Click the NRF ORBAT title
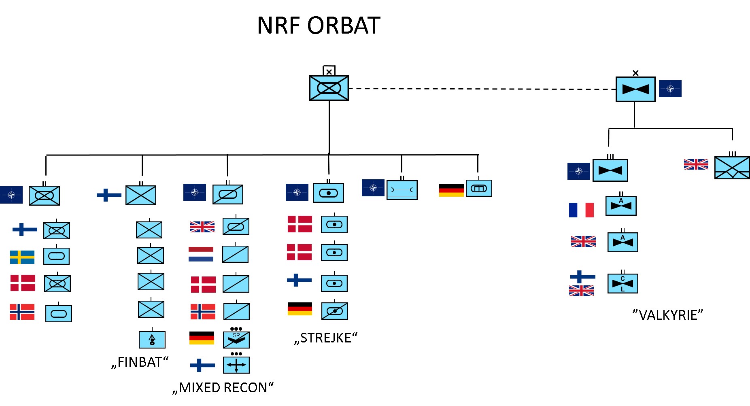click(319, 26)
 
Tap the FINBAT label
click(140, 362)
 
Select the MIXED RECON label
click(223, 387)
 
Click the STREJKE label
click(326, 338)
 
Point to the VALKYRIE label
click(667, 315)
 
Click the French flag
click(581, 210)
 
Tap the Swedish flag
click(22, 257)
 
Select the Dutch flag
click(201, 254)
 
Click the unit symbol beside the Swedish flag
click(56, 256)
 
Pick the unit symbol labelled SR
click(236, 340)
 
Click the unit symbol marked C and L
click(623, 283)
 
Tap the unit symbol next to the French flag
click(621, 206)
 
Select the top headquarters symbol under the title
click(329, 88)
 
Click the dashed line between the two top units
click(482, 89)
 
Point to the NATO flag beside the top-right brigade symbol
click(670, 89)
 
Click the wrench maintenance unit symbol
click(402, 190)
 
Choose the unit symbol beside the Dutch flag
click(236, 254)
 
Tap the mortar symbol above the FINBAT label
click(152, 340)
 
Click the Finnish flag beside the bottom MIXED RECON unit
click(202, 365)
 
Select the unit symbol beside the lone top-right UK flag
click(732, 168)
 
